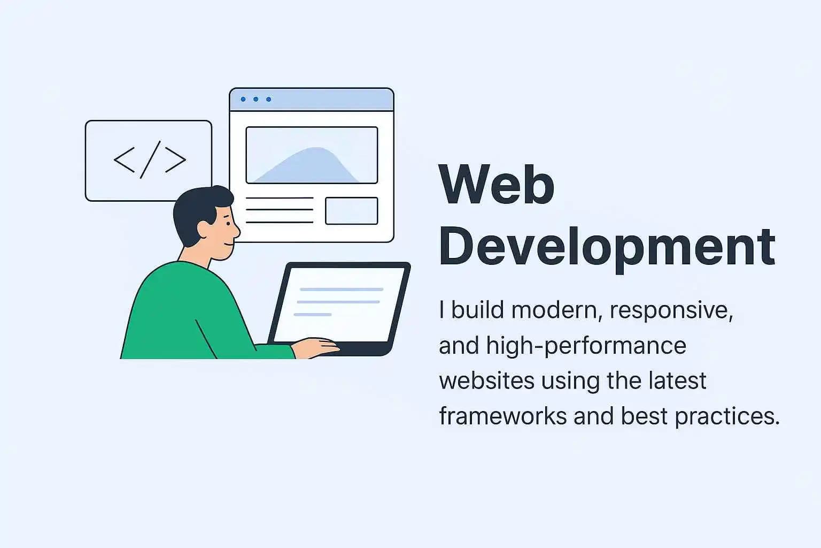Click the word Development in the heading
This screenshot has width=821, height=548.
tap(607, 247)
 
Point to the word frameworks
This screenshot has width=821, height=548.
tap(502, 416)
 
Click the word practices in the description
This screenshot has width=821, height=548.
tap(727, 416)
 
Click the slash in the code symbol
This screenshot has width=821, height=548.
tap(150, 159)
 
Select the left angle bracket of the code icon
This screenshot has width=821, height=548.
tap(124, 160)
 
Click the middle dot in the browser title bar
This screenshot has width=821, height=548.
tap(256, 100)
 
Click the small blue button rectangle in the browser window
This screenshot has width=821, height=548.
tap(351, 211)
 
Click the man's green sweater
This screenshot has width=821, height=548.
tap(182, 316)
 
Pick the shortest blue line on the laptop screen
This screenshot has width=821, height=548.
tap(313, 314)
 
